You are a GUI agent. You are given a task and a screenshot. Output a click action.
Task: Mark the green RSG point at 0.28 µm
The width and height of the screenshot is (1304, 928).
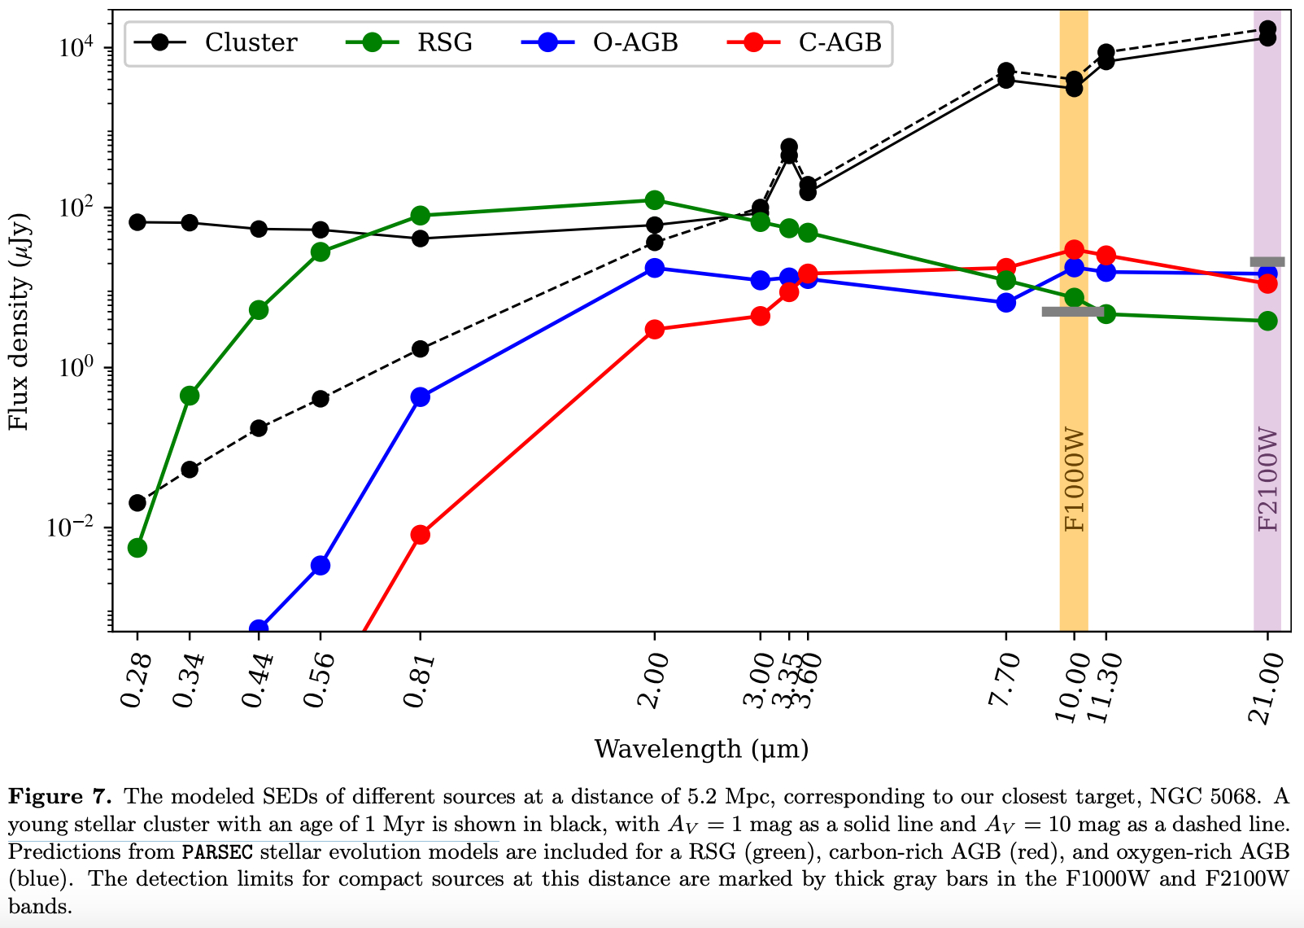[x=137, y=548]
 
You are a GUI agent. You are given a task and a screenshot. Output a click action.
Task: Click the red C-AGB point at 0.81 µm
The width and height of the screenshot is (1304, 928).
[x=421, y=535]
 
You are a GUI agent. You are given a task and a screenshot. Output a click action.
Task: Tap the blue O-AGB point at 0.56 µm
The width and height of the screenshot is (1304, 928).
[x=321, y=565]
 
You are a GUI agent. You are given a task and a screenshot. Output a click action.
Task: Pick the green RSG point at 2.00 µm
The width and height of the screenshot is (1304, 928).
[x=654, y=200]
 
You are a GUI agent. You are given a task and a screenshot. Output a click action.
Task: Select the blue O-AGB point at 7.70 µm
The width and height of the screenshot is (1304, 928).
[x=1006, y=303]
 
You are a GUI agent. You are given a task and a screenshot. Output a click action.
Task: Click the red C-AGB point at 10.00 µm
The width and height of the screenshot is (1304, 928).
[x=1074, y=249]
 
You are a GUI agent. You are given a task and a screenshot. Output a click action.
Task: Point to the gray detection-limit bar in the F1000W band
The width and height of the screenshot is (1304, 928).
[x=1073, y=312]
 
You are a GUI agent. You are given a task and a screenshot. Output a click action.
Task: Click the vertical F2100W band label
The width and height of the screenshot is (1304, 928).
[x=1267, y=479]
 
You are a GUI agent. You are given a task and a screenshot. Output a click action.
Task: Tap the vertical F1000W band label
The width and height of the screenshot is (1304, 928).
[x=1075, y=479]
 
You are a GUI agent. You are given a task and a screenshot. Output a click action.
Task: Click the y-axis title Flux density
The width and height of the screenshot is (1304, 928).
[x=18, y=322]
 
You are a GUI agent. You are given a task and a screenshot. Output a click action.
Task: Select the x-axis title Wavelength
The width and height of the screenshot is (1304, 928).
[x=701, y=749]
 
